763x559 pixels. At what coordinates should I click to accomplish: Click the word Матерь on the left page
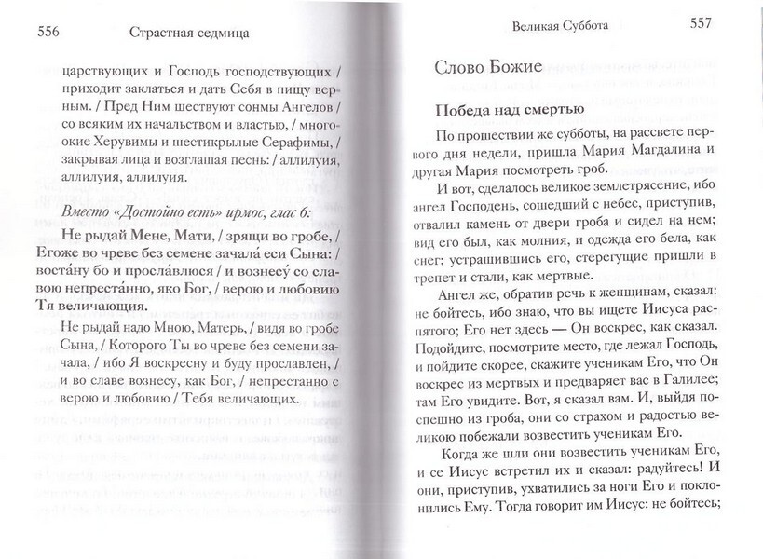212,327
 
